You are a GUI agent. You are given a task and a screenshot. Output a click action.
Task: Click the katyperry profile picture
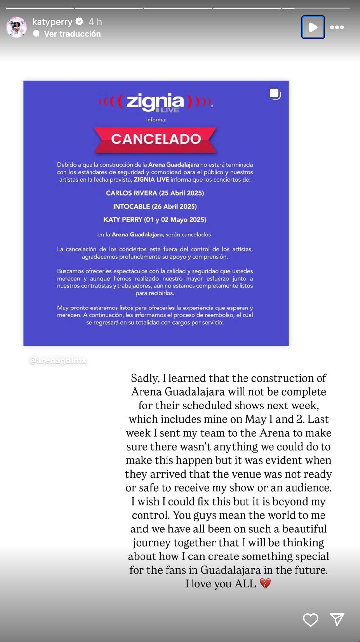[16, 27]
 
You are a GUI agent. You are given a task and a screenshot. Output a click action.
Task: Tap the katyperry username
[52, 22]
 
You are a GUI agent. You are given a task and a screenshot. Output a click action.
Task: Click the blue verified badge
[79, 22]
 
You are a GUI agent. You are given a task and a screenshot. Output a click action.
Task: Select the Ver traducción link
[72, 34]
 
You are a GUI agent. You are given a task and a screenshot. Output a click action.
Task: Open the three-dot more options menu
[337, 27]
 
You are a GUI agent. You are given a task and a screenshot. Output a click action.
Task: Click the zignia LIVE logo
[156, 103]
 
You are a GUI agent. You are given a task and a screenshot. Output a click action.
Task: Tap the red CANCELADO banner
[156, 139]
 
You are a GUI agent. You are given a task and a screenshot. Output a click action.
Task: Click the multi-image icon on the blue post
[275, 94]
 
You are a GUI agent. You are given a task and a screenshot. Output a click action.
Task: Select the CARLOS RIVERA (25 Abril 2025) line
[155, 193]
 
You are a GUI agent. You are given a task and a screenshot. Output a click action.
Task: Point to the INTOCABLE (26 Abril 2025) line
[155, 206]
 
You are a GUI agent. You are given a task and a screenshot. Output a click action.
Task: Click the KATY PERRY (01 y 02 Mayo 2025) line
[155, 219]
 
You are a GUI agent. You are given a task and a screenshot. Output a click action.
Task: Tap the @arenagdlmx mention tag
[58, 361]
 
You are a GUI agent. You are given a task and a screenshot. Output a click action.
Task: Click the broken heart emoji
[265, 583]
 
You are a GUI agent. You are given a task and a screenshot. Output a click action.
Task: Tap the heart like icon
[310, 620]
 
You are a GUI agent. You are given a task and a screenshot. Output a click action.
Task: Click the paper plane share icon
[337, 619]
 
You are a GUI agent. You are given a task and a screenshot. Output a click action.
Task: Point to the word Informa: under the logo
[156, 120]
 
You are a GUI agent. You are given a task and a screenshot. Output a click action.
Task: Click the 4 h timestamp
[95, 22]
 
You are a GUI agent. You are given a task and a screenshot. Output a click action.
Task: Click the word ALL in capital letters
[245, 583]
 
